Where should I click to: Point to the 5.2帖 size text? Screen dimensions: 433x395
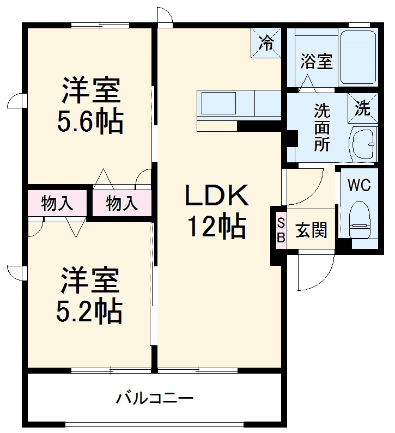tap(89, 310)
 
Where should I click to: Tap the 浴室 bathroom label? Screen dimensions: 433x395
tap(316, 61)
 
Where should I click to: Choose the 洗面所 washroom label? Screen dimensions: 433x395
tap(321, 128)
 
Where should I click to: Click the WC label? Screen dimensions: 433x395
tap(359, 185)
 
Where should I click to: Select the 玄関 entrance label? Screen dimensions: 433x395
tap(312, 230)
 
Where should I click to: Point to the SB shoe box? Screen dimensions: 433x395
tap(281, 229)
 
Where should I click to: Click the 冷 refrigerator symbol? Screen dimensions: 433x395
tap(266, 43)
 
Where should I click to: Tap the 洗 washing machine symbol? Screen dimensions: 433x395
tap(362, 107)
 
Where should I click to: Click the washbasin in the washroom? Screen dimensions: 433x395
tap(362, 144)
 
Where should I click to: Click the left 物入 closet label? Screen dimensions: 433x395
tap(57, 204)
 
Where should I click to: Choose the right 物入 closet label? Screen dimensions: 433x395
tap(122, 204)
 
